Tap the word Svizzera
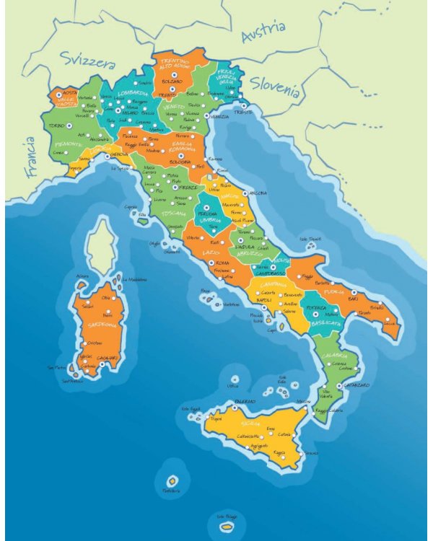[x=87, y=58]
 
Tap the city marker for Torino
[x=69, y=126]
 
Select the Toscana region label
[x=174, y=214]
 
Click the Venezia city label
[x=220, y=116]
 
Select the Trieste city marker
[x=243, y=106]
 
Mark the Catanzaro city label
[x=355, y=385]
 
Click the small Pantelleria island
[x=172, y=480]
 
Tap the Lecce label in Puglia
[x=390, y=323]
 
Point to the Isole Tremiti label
[x=310, y=239]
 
